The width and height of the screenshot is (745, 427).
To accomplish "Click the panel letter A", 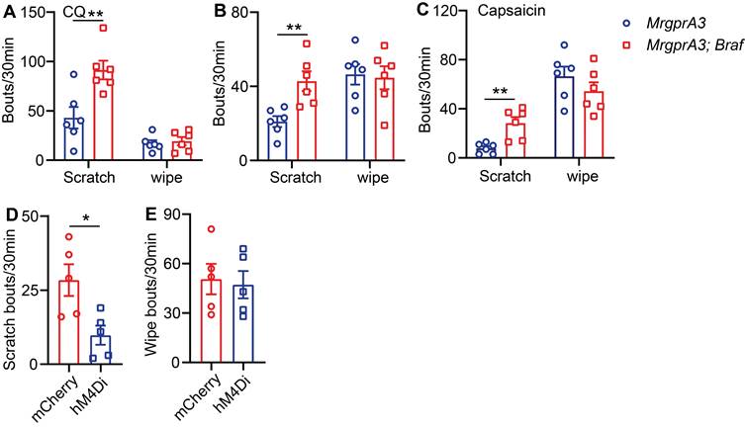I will click(8, 11).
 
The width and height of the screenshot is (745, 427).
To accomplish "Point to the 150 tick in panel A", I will click(36, 13).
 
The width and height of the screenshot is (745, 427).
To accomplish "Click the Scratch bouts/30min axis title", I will click(11, 297).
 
